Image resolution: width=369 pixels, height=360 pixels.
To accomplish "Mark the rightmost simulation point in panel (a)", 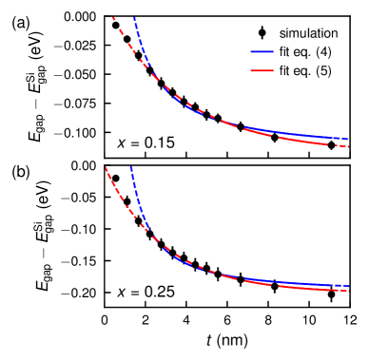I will tap(331, 145).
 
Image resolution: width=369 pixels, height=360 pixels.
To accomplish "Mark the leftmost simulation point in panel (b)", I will tap(116, 178).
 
